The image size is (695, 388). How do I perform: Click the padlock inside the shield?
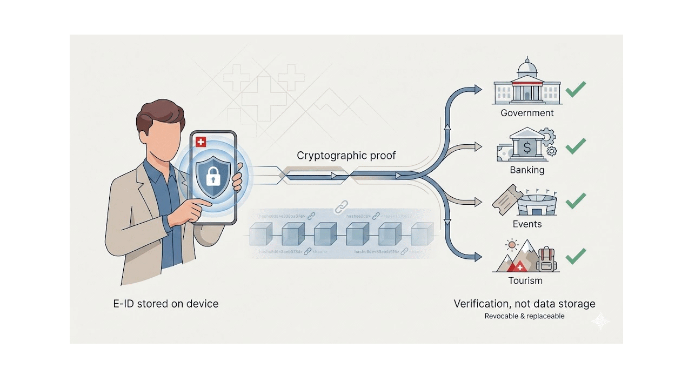click(213, 176)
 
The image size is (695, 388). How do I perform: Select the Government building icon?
click(526, 83)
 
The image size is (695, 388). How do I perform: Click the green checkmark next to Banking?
click(576, 145)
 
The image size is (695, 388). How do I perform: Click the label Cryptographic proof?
click(346, 156)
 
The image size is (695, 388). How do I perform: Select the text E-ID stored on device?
click(166, 304)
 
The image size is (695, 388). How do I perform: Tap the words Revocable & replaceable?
click(524, 316)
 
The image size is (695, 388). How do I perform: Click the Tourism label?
click(525, 281)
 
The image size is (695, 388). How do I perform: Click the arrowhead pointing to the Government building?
click(477, 90)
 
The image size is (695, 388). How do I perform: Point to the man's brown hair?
click(159, 113)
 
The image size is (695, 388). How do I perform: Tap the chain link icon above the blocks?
click(340, 207)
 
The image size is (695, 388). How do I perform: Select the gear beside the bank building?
click(547, 136)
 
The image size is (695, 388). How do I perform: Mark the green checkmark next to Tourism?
click(576, 256)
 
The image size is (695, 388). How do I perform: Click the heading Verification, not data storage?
click(524, 304)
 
